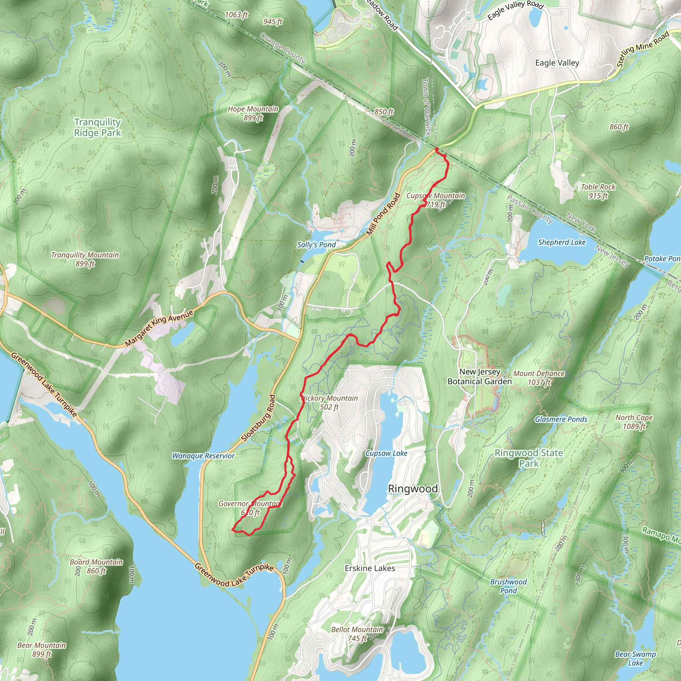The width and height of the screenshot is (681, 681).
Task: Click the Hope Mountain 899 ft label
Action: (x=253, y=113)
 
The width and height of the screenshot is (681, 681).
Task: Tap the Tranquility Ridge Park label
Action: (x=97, y=127)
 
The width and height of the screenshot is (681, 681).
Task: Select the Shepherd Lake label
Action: (x=562, y=242)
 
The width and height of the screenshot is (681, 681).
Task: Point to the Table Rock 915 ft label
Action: (x=598, y=191)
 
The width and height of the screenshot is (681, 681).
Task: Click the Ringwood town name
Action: (x=413, y=488)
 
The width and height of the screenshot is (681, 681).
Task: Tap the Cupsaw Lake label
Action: (x=386, y=453)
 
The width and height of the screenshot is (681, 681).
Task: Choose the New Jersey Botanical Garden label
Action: (x=479, y=376)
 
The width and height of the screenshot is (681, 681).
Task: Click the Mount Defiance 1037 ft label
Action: (x=539, y=377)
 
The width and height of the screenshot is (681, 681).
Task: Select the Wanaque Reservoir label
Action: (x=204, y=456)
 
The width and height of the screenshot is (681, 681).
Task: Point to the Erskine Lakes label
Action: (x=370, y=568)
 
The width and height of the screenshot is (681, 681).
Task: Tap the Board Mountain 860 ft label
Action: (x=96, y=566)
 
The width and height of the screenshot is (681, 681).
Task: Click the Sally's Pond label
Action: (x=316, y=245)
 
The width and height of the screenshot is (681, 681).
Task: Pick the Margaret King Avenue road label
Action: (x=159, y=328)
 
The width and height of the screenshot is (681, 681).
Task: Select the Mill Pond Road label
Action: (x=383, y=214)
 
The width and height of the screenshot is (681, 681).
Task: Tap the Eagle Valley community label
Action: (x=557, y=63)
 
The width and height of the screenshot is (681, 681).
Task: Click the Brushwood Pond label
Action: (x=508, y=586)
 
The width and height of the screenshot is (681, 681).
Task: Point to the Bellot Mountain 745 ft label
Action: (x=357, y=634)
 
